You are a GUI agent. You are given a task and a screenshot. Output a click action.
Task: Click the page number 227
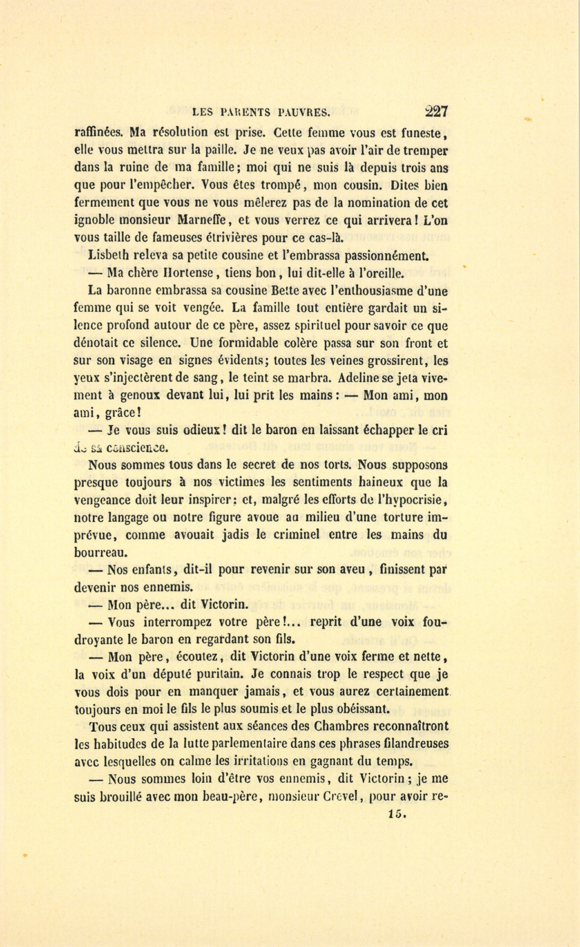coord(436,111)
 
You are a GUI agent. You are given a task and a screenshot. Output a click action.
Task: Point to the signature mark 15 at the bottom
coord(398,814)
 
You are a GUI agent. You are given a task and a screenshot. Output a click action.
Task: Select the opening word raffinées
coord(99,133)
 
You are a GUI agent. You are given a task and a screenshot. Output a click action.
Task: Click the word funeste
coord(420,134)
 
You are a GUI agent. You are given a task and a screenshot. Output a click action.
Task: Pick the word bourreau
coord(101,552)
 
